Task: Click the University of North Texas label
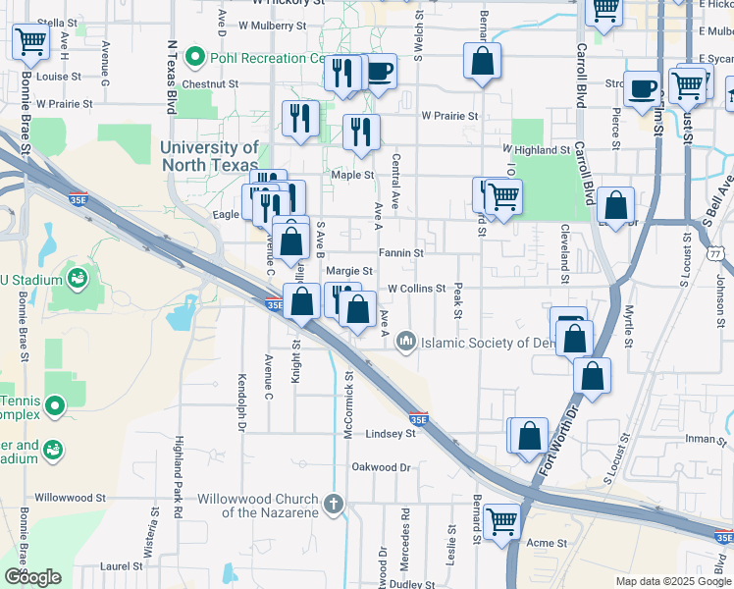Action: (210, 155)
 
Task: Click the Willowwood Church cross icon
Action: (334, 505)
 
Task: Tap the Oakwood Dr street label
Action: (381, 467)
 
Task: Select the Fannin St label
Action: (402, 252)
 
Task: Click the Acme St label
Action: (548, 543)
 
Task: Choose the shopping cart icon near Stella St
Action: (30, 41)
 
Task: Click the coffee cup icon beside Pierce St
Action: (642, 87)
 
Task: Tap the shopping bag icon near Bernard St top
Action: (482, 61)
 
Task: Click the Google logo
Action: (32, 578)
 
